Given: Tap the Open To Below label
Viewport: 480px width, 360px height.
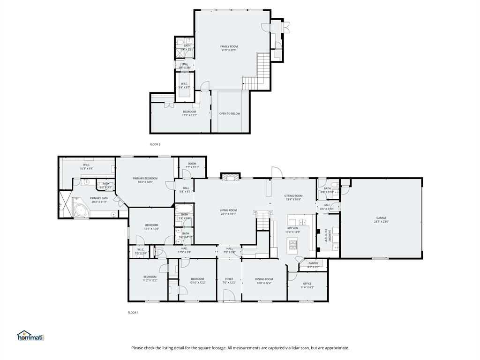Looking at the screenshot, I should pos(230,113).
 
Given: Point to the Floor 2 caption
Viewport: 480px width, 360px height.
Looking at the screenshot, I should pos(155,144).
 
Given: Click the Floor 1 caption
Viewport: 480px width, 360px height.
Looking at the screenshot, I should pos(133,312).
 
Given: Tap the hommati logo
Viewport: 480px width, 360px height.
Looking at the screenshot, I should pos(30,336).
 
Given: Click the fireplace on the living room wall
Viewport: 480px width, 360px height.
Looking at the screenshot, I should pos(230,177).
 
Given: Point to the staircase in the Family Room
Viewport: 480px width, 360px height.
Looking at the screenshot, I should pos(260,70).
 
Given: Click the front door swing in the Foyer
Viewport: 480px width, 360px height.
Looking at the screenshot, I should pos(229,295).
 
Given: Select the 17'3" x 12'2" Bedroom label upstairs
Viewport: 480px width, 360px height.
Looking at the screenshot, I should pos(189,113).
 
